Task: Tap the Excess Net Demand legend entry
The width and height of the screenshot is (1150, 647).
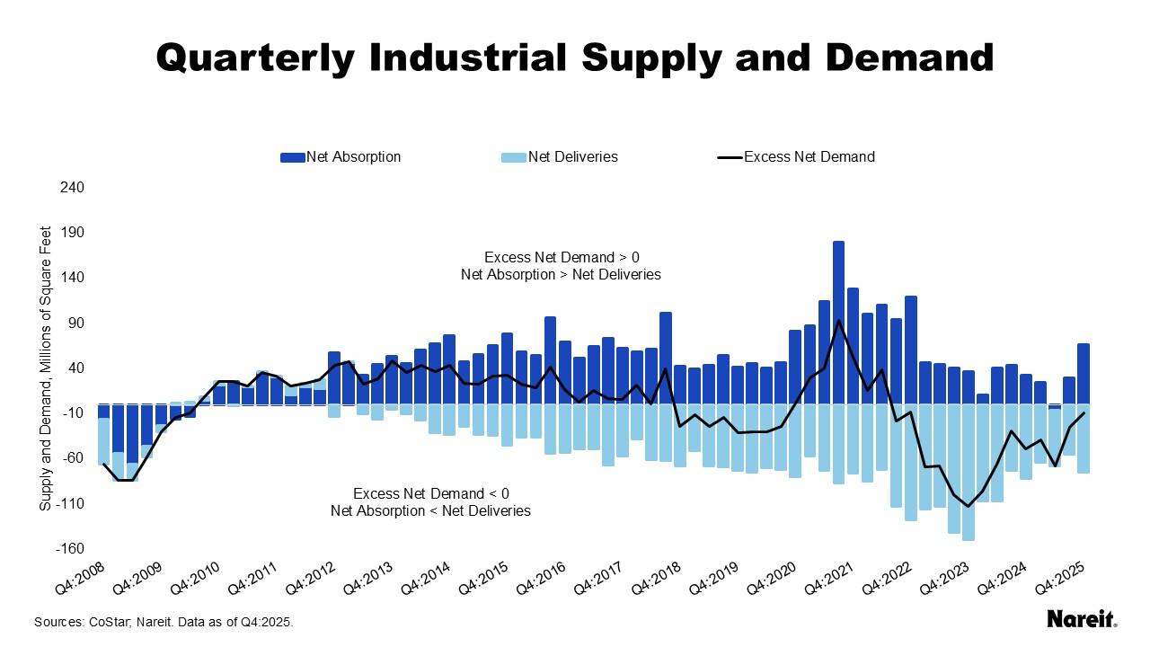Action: [x=796, y=157]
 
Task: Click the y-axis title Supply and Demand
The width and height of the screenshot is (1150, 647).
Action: [x=45, y=368]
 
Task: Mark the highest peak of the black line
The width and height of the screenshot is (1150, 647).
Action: [x=838, y=321]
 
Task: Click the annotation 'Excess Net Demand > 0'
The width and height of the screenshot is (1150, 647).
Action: [x=562, y=257]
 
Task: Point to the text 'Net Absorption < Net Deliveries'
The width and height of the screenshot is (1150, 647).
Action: [x=430, y=511]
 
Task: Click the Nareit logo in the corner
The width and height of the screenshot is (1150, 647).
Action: [x=1081, y=619]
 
